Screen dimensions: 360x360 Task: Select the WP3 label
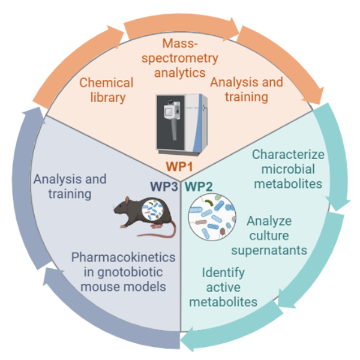[164, 185]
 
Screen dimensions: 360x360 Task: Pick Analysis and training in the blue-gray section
[70, 186]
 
